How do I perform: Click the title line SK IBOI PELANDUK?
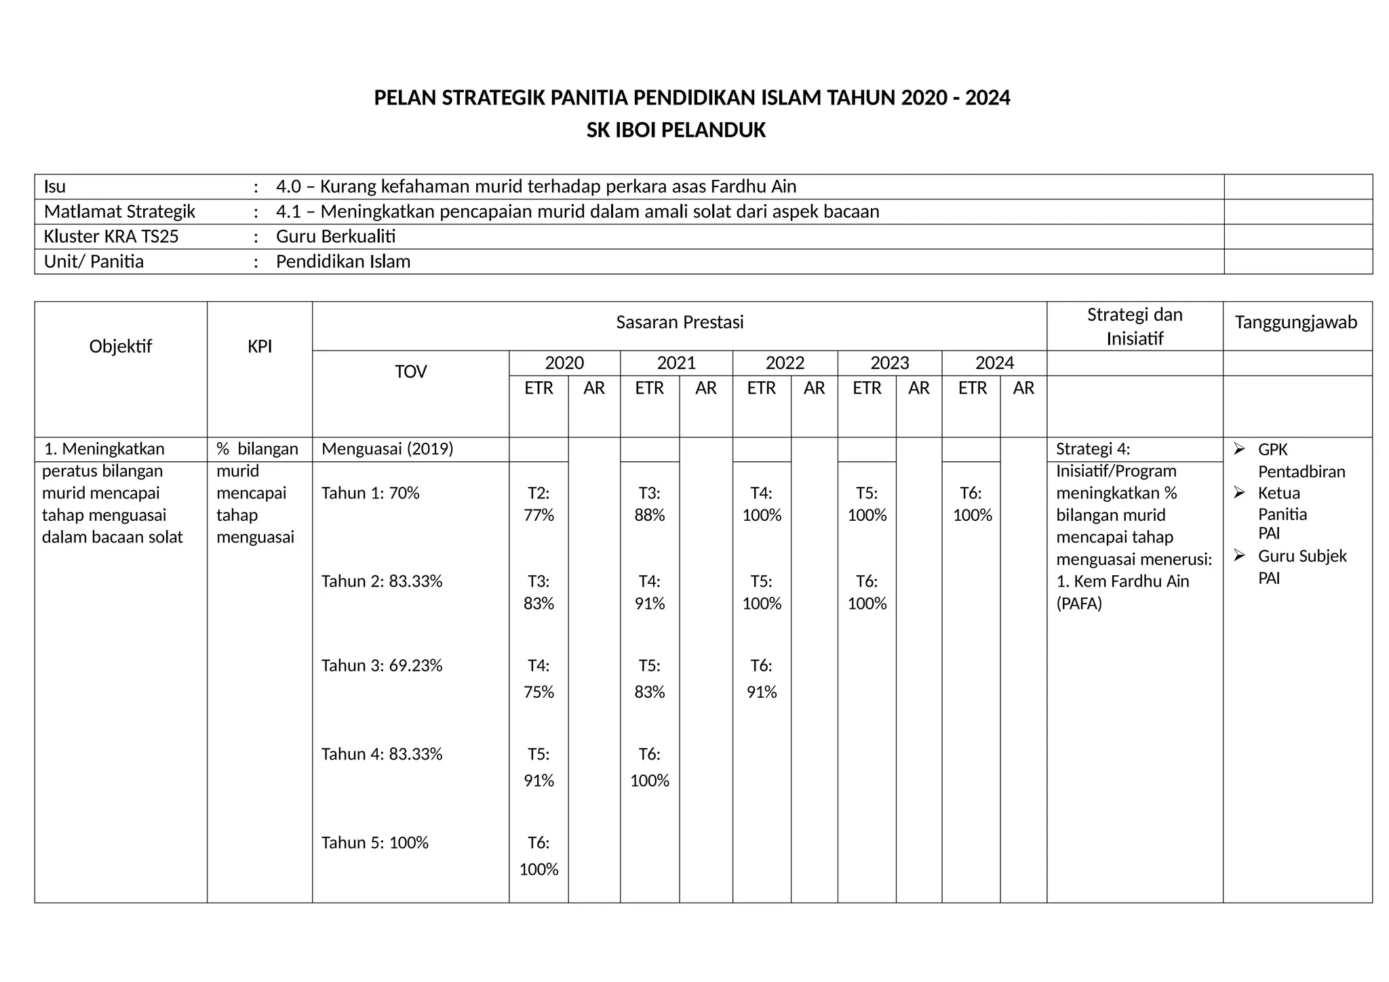point(676,130)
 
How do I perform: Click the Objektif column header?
point(120,347)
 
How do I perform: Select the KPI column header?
point(259,347)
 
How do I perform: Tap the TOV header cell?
point(410,372)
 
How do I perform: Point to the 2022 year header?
point(785,363)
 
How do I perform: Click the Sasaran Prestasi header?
point(680,322)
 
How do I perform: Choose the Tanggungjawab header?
point(1295,322)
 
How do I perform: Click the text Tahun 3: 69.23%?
point(382,665)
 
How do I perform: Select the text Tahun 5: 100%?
point(375,842)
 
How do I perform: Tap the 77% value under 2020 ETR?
point(539,515)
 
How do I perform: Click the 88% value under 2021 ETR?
point(649,515)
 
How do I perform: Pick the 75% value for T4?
point(539,692)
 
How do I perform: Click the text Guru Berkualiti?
point(336,237)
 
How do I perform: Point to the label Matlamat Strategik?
point(119,212)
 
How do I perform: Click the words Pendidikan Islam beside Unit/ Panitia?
point(343,262)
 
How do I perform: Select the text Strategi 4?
point(1093,449)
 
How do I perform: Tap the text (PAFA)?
point(1078,604)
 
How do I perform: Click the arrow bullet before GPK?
point(1239,449)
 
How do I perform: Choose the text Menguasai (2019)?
point(387,449)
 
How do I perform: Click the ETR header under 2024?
point(972,388)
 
